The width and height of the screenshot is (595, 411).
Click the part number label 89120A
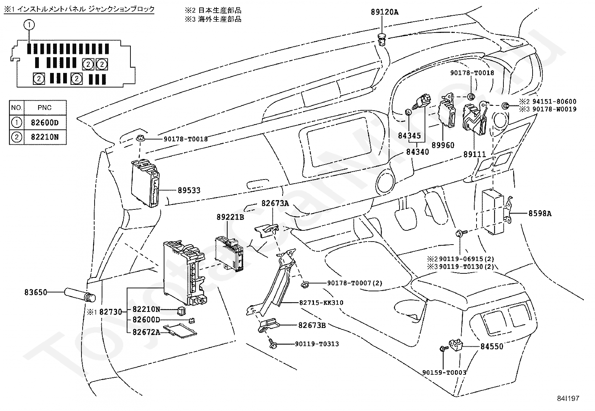tap(385, 12)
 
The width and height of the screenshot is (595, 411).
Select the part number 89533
tap(189, 190)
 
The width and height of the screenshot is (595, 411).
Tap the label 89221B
tap(230, 217)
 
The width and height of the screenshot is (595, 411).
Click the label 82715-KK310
tap(321, 303)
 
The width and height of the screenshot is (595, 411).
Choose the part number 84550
tap(492, 347)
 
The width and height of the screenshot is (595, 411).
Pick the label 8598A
tap(540, 214)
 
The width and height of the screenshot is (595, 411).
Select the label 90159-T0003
tap(444, 372)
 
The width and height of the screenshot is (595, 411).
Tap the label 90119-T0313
tap(317, 344)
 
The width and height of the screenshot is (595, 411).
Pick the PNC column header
tap(45, 108)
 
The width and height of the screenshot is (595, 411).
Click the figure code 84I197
tap(568, 398)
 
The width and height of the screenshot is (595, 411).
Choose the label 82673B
tap(312, 325)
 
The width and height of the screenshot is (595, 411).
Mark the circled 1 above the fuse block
tap(29, 25)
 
